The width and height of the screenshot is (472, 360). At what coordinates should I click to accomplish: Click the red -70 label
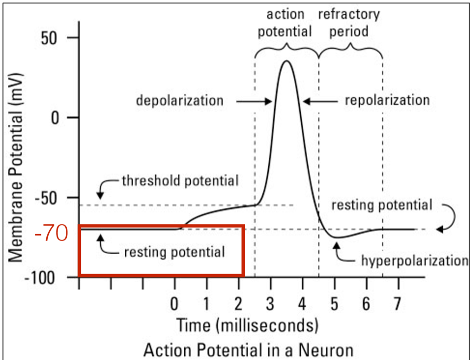click(x=51, y=235)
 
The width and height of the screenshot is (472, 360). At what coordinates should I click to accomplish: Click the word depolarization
click(x=179, y=101)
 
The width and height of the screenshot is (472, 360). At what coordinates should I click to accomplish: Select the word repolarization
click(x=387, y=100)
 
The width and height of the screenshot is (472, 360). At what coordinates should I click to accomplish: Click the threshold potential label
click(x=180, y=181)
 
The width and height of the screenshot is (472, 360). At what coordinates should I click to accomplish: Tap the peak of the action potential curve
click(x=287, y=61)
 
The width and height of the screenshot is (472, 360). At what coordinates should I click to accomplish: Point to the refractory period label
click(x=349, y=22)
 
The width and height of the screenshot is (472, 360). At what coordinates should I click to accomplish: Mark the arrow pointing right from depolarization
click(x=254, y=101)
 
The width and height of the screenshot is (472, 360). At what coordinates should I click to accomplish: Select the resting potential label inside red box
click(x=174, y=252)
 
